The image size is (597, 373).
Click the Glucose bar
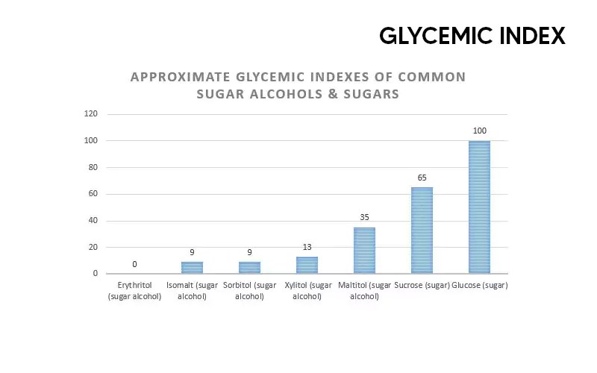479,207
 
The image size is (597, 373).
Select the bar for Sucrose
422,231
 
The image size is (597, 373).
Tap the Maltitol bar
364,251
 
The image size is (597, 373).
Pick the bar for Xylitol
307,265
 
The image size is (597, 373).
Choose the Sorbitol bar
249,267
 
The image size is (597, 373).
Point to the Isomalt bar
192,267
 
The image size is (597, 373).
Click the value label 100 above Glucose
479,131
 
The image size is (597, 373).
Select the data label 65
422,178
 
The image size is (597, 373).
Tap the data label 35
364,218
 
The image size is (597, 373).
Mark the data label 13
307,248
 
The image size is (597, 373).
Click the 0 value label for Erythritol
134,264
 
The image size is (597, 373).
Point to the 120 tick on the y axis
91,114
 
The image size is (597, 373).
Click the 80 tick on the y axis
93,167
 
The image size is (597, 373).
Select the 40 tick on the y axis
93,221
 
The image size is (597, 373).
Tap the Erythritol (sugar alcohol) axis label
134,291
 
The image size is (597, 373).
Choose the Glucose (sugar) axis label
480,286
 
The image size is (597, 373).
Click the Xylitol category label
307,291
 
